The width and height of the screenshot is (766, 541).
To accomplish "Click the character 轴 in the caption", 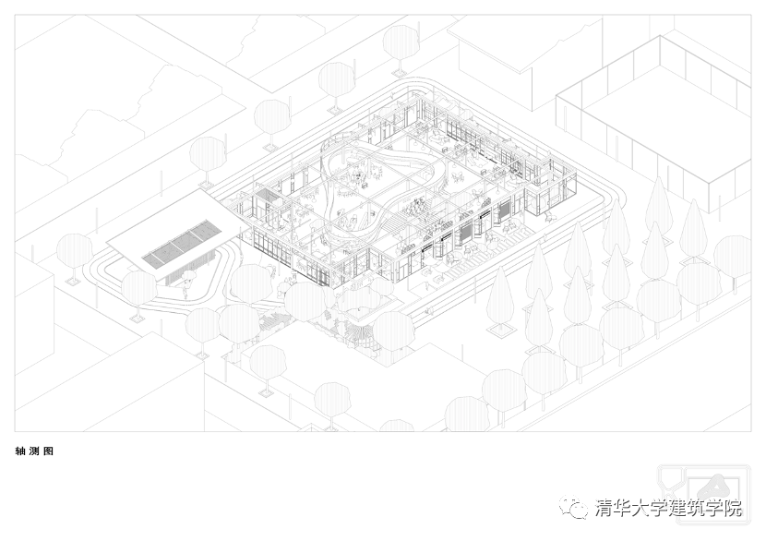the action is (x=20, y=451).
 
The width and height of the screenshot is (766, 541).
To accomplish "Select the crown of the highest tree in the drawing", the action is (x=401, y=41).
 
